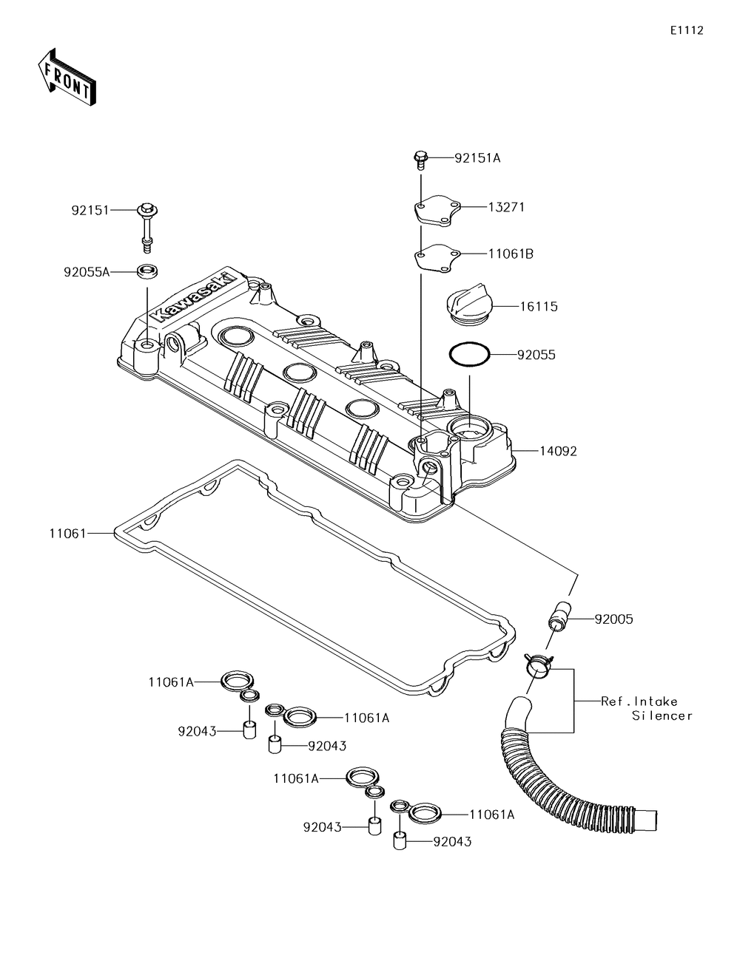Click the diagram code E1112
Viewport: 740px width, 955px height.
point(687,30)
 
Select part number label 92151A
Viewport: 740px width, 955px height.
point(477,158)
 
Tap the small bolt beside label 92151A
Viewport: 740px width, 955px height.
point(421,161)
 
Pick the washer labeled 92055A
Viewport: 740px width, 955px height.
point(147,271)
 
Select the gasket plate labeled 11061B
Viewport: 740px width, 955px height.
point(437,257)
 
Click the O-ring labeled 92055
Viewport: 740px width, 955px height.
point(469,354)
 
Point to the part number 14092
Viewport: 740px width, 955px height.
point(558,451)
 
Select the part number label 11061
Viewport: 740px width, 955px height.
point(67,534)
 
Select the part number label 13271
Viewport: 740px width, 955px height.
point(506,207)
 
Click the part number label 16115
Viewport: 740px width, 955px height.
point(539,306)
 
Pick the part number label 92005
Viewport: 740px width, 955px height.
point(613,619)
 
